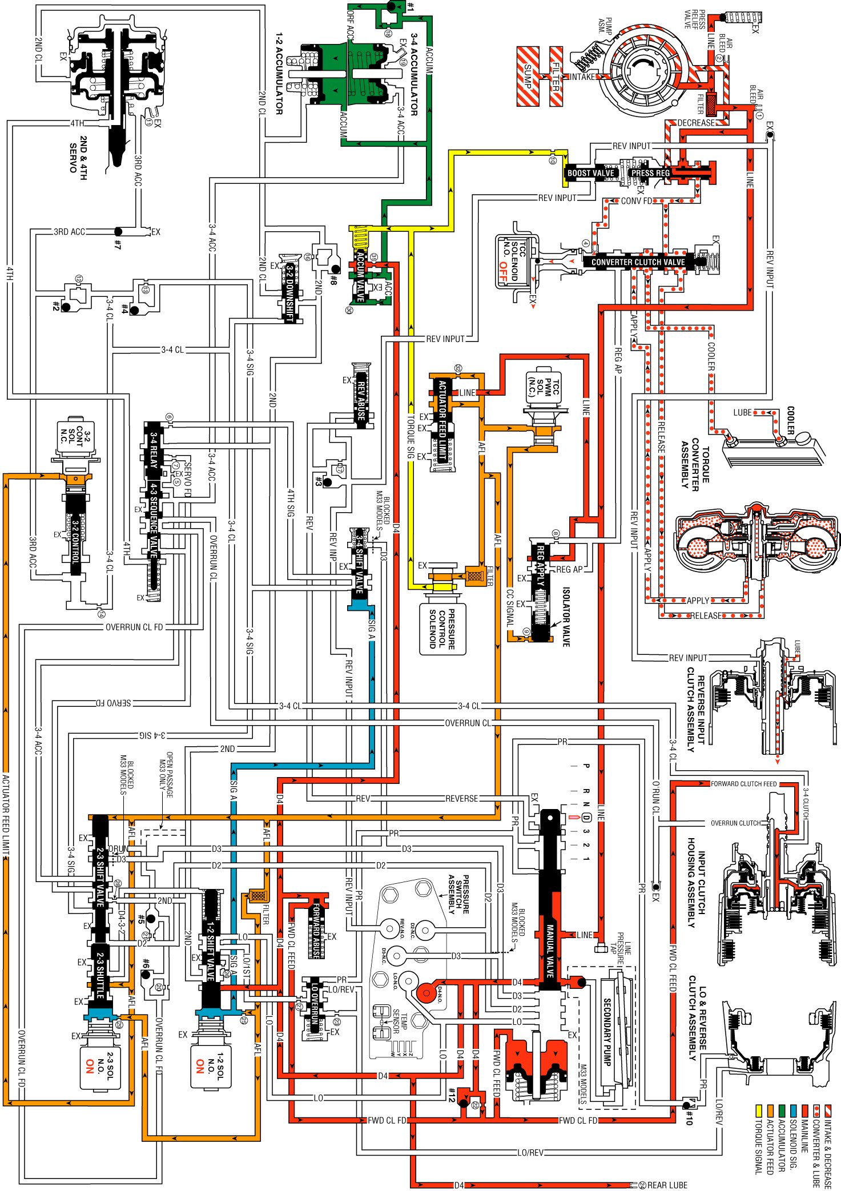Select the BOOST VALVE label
[x=590, y=173]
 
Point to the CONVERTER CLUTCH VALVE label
[x=638, y=262]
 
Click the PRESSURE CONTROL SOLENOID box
[x=444, y=629]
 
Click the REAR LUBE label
[x=667, y=1185]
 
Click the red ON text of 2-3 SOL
[x=90, y=1066]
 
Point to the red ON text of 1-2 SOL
[x=200, y=1066]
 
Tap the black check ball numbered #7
[x=118, y=231]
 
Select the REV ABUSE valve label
[x=361, y=397]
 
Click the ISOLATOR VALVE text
[x=566, y=617]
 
